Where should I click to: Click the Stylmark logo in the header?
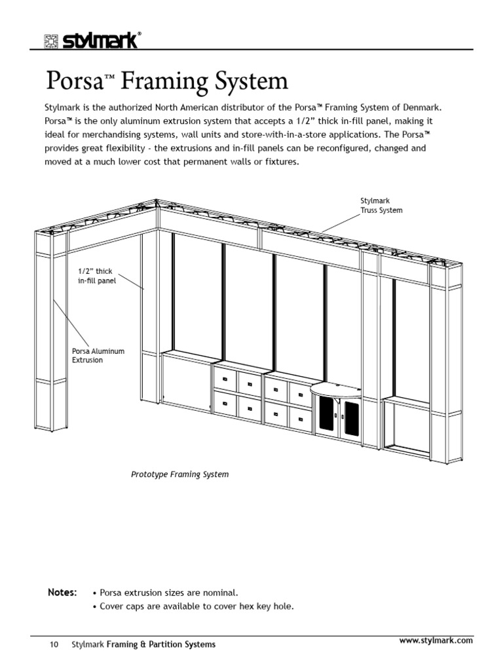click(92, 41)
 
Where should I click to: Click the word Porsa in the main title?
click(71, 82)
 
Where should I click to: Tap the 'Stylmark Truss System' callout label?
click(381, 205)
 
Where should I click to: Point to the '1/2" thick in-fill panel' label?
click(96, 275)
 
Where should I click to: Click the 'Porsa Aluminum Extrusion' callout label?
click(98, 356)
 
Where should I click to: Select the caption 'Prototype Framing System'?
click(180, 474)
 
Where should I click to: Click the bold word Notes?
click(62, 592)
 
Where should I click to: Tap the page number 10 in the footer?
click(54, 645)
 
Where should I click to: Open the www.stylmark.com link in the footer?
click(436, 640)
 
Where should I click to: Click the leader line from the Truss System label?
click(341, 223)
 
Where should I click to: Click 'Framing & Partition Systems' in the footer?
click(161, 645)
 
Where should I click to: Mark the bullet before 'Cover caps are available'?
click(96, 606)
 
